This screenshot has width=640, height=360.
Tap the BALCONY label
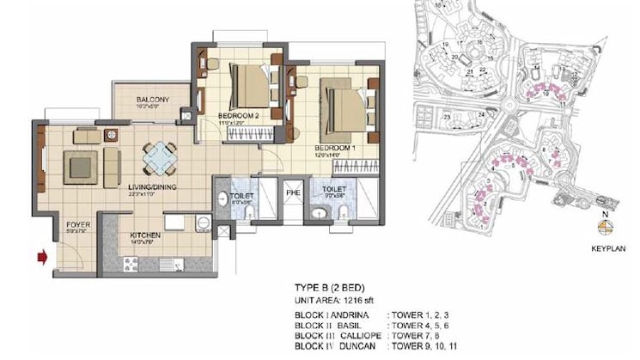(x=152, y=100)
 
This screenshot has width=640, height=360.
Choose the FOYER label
(x=78, y=225)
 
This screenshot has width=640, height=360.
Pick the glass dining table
(x=160, y=158)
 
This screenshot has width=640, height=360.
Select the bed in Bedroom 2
(x=249, y=86)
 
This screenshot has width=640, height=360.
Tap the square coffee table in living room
(x=82, y=166)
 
